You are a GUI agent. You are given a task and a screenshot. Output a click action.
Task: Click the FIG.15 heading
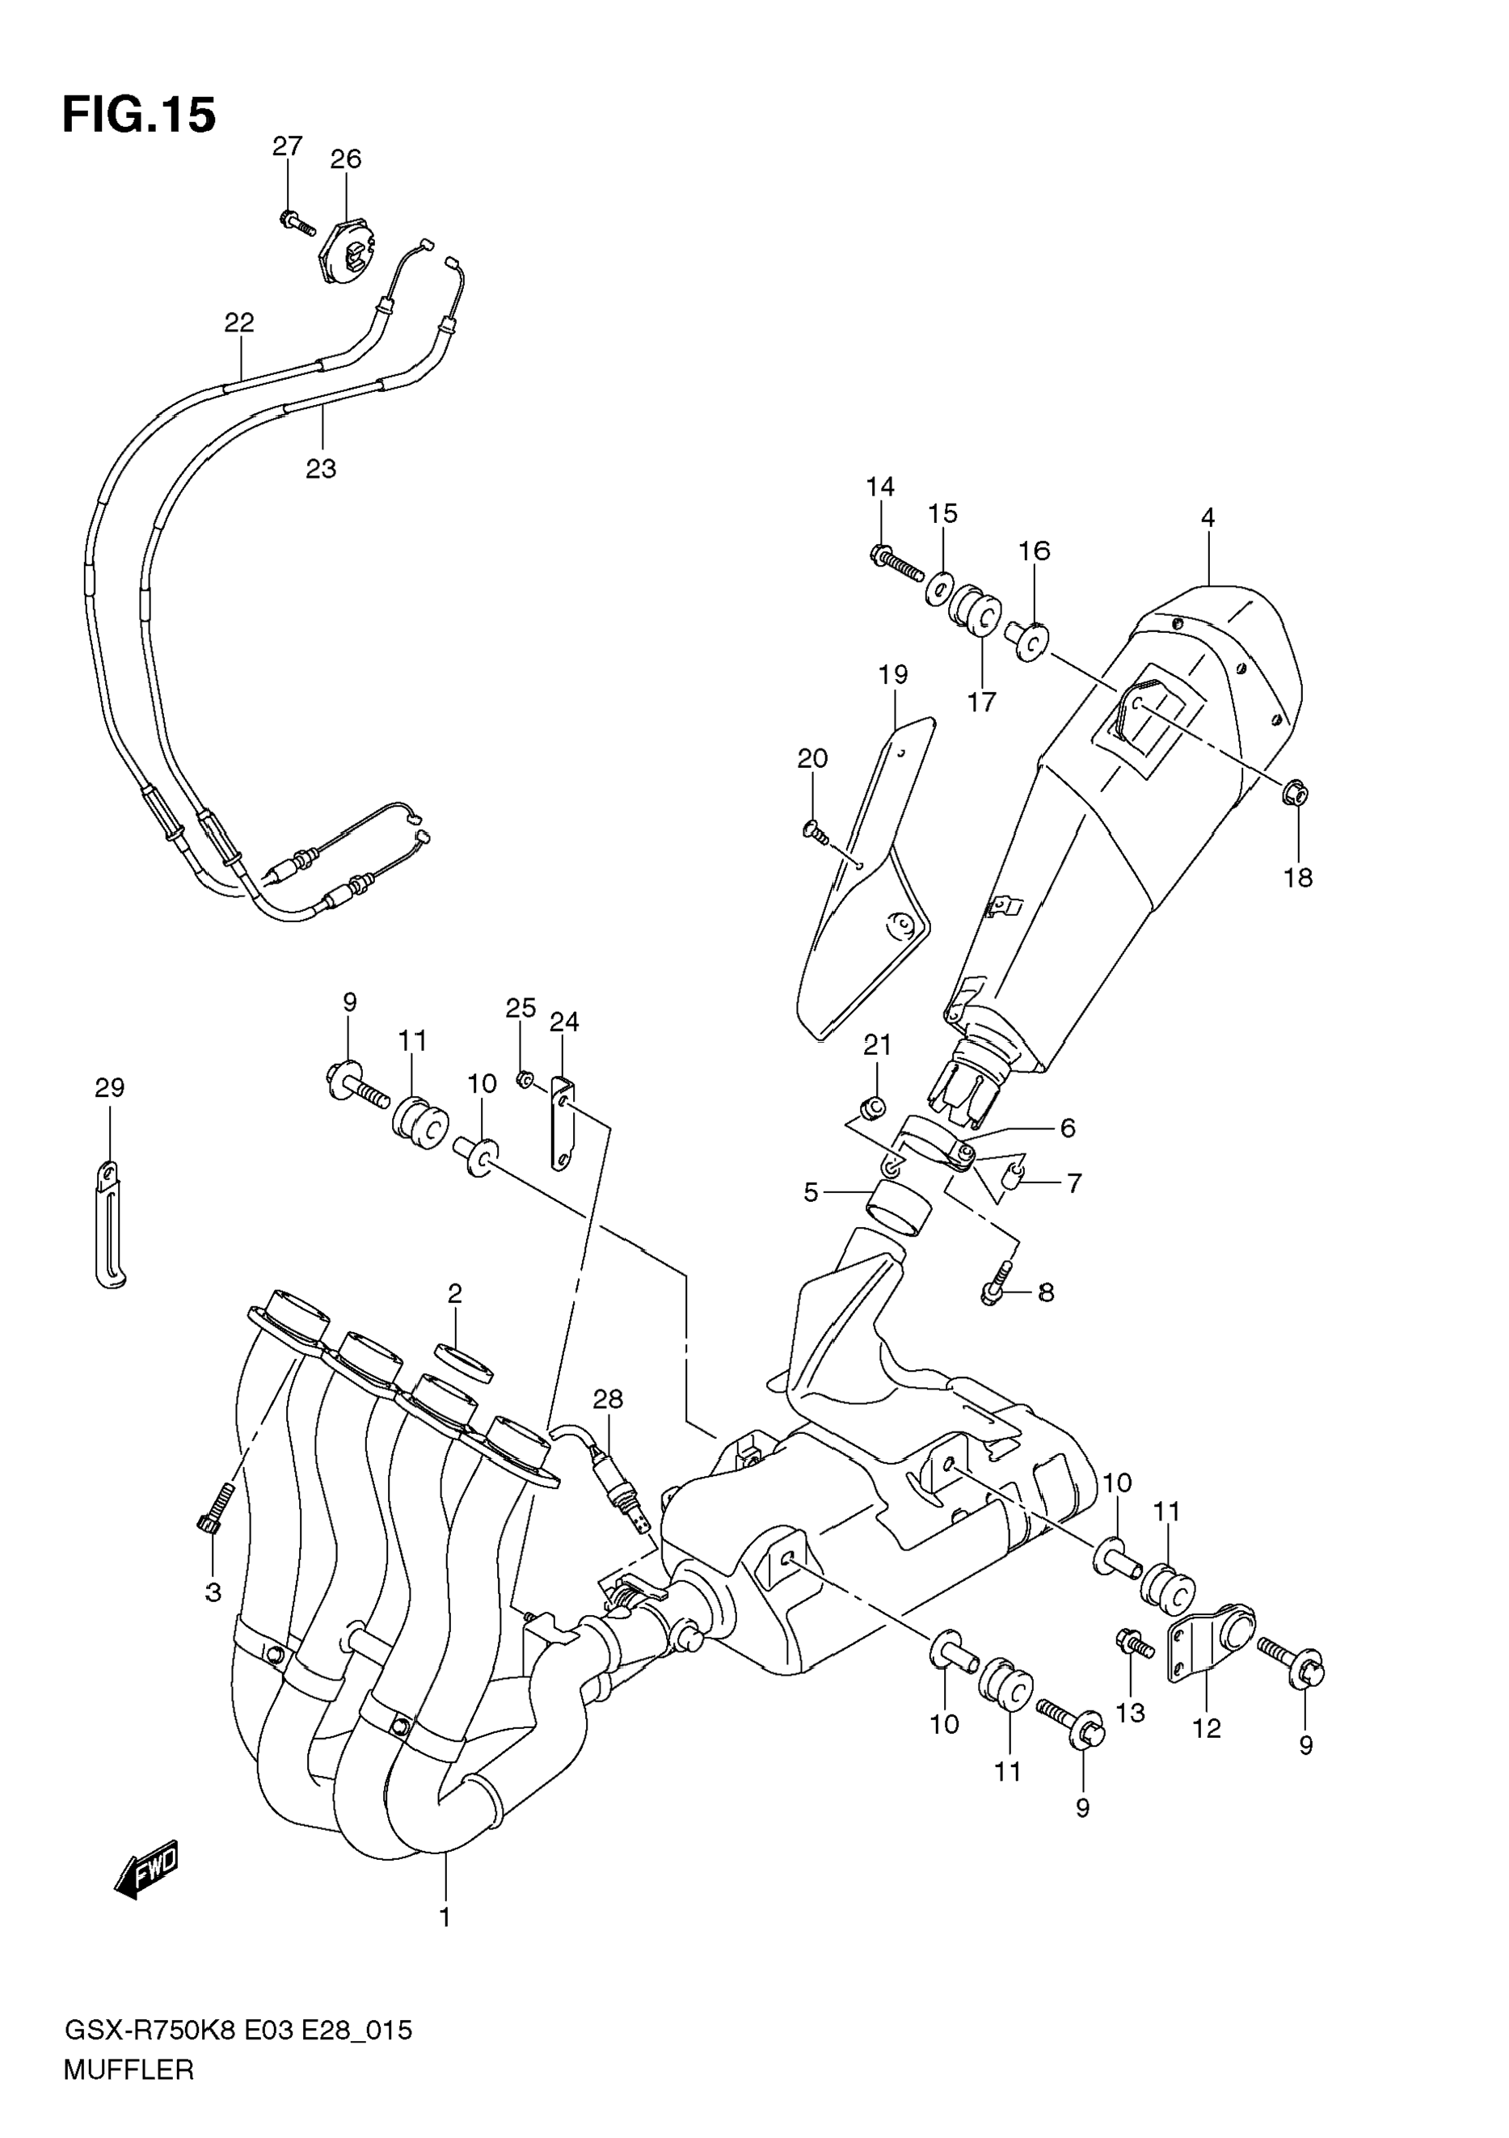[140, 116]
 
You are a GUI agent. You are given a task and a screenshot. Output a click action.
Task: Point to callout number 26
[345, 159]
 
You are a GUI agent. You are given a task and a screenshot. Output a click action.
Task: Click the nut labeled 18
[1296, 794]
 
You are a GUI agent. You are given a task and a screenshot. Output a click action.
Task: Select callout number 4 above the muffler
[1208, 518]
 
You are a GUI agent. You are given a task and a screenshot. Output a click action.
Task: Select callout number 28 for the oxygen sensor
[608, 1425]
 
